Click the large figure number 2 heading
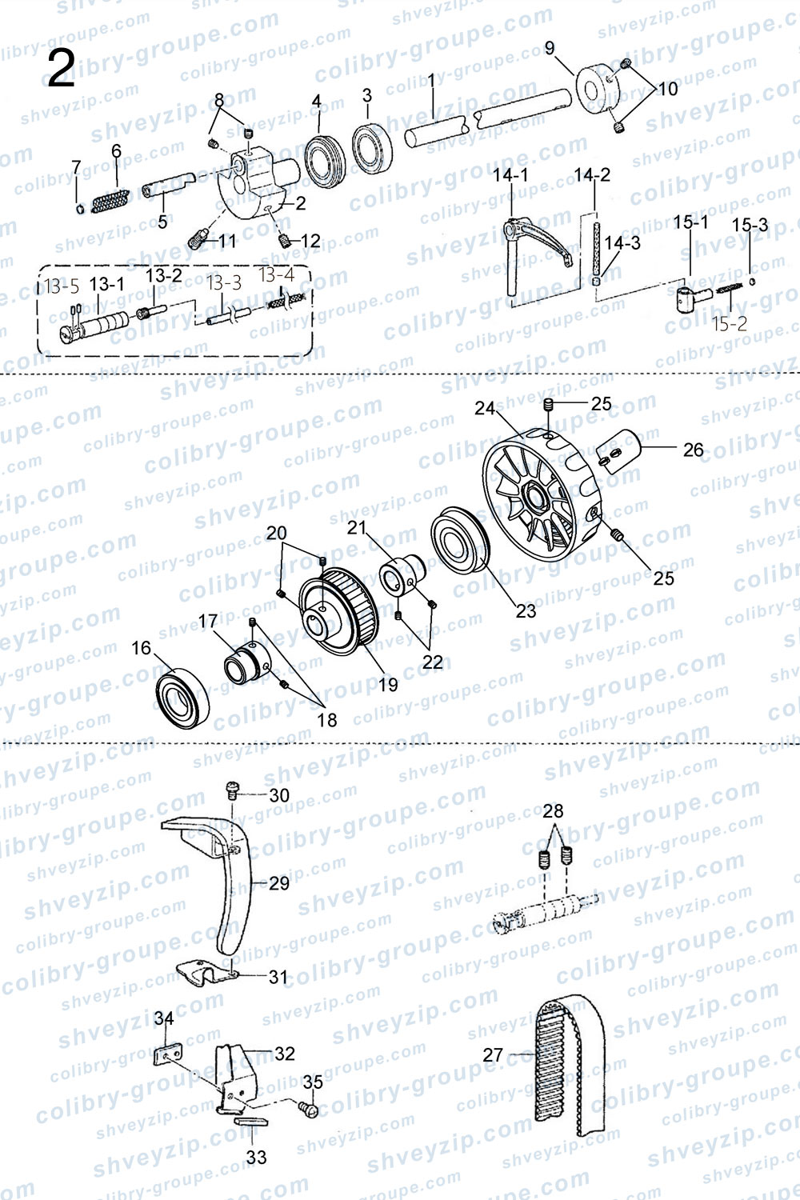click(61, 70)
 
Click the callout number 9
click(550, 48)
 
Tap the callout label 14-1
click(510, 175)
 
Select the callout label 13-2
click(164, 275)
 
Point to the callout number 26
click(693, 450)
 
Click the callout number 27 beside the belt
click(493, 1055)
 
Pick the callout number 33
click(256, 1157)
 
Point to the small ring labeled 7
click(80, 209)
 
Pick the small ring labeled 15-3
click(752, 282)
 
